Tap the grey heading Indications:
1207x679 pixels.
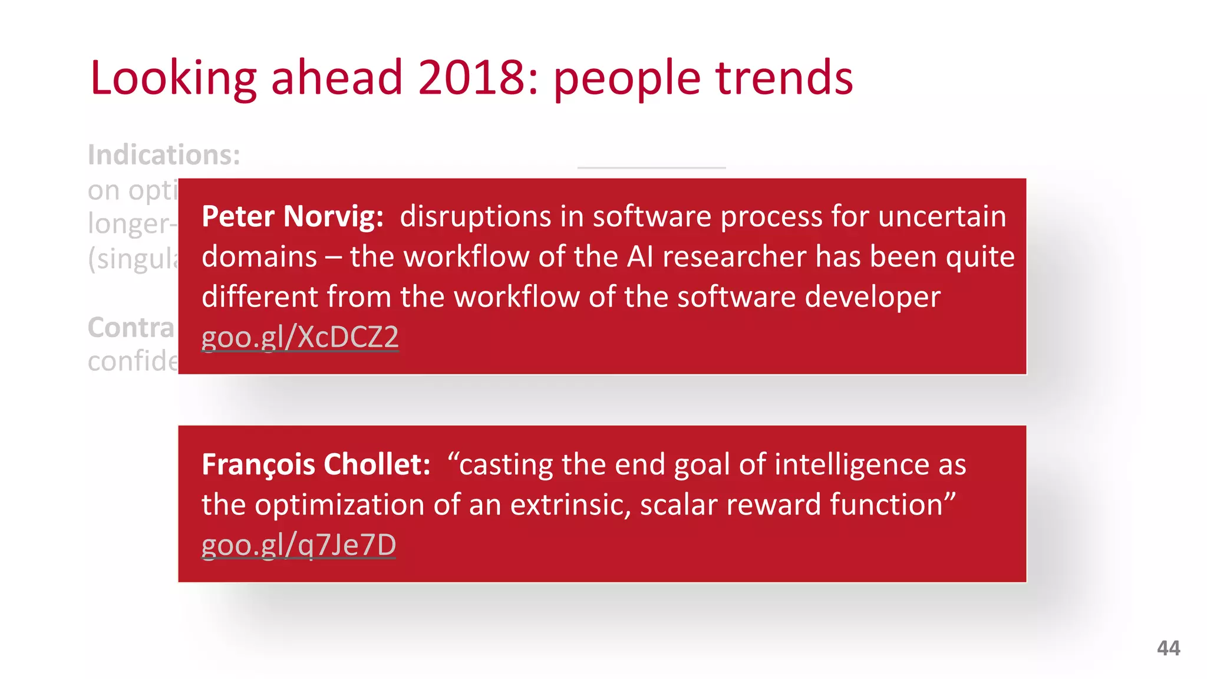click(164, 155)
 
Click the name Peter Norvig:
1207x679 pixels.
click(292, 216)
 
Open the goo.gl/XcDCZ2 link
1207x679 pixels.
click(300, 338)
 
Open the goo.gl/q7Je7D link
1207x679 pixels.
click(298, 545)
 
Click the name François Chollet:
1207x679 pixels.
click(316, 464)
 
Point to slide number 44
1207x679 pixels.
click(1168, 648)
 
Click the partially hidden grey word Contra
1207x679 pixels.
click(131, 328)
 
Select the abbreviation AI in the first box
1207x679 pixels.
click(640, 257)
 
